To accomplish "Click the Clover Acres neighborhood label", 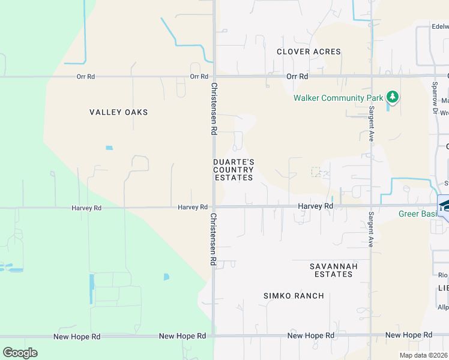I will click(309, 52).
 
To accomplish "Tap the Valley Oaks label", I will click(119, 112).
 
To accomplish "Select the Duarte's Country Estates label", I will click(234, 170).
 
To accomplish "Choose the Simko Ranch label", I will click(294, 296).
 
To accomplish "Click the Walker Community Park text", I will click(338, 98).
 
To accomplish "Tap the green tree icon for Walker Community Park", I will click(393, 97).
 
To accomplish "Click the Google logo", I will click(20, 353).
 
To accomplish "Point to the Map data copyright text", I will click(424, 355).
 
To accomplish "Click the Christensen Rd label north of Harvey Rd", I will click(213, 107).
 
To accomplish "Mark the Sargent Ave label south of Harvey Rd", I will click(372, 229).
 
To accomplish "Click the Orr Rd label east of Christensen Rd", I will click(297, 77).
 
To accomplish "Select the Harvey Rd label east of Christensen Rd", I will click(316, 206).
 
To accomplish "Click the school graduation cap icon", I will click(445, 205).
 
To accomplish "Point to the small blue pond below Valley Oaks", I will click(109, 148).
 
